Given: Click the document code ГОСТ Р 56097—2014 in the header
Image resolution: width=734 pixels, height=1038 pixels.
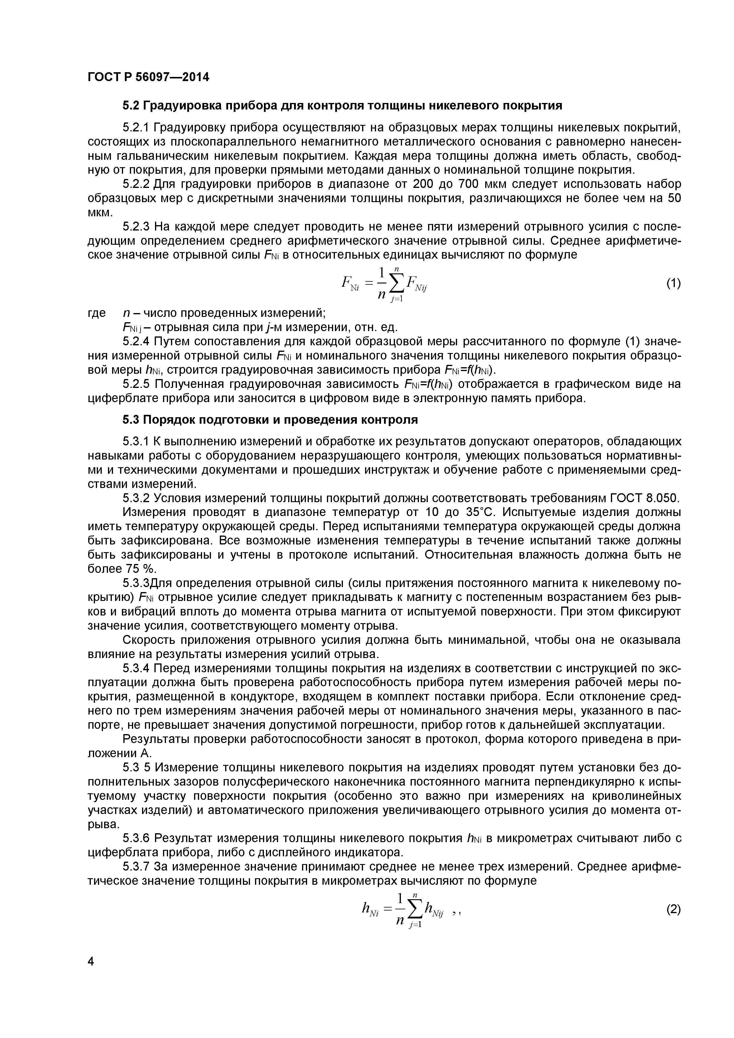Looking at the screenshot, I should point(148,77).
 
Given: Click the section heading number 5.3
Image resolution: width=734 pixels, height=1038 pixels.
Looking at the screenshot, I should point(132,420).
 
